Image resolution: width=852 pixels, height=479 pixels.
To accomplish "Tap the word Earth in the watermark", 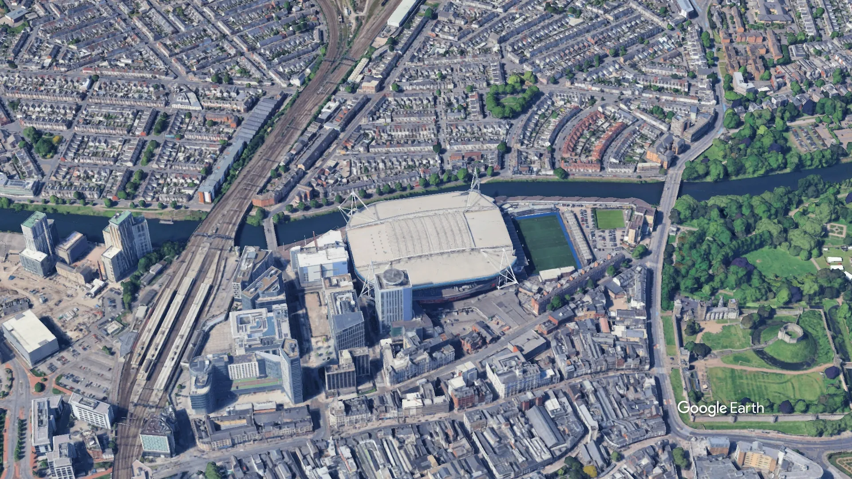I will pos(747,408).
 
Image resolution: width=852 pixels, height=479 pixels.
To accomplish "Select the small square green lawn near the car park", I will pos(609,219).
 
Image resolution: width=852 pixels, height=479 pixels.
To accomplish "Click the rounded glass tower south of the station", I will pos(201,384).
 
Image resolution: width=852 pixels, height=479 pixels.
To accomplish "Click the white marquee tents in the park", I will pos(835,263).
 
